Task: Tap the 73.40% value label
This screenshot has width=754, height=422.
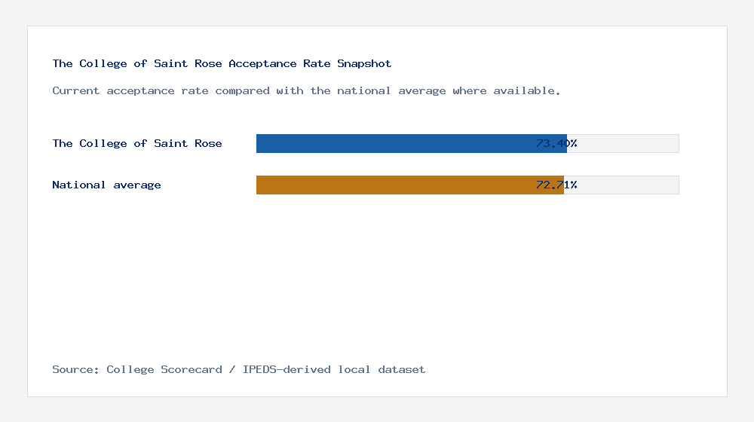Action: [x=556, y=143]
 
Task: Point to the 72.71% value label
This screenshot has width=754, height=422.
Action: [x=556, y=185]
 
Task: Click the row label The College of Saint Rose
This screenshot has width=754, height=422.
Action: [x=137, y=143]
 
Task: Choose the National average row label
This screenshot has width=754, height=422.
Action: [x=106, y=185]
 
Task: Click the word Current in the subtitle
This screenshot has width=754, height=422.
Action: [x=76, y=91]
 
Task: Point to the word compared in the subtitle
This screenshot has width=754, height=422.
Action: [x=242, y=91]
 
